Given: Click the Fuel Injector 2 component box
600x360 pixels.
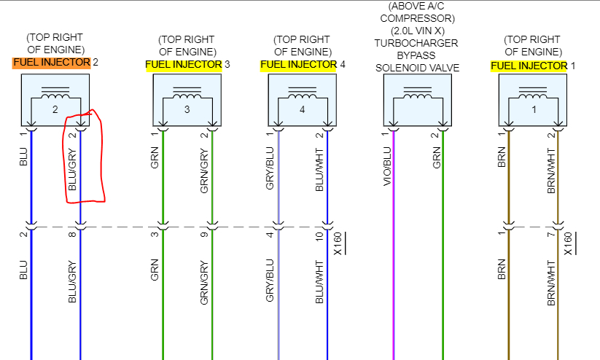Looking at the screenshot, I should [x=55, y=100].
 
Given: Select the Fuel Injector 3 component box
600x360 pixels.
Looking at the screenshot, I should [x=187, y=100].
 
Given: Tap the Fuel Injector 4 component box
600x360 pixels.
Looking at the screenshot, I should [x=303, y=100].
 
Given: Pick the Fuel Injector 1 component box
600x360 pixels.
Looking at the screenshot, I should [x=533, y=100].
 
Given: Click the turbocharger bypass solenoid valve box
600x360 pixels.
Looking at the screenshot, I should [x=418, y=100].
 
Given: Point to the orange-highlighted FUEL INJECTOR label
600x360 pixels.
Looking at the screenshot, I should [x=52, y=63].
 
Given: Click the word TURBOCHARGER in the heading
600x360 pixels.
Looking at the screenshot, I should [x=417, y=43].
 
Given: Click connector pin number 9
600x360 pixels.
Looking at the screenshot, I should [x=205, y=235].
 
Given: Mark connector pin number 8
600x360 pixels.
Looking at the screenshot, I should [x=71, y=235].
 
